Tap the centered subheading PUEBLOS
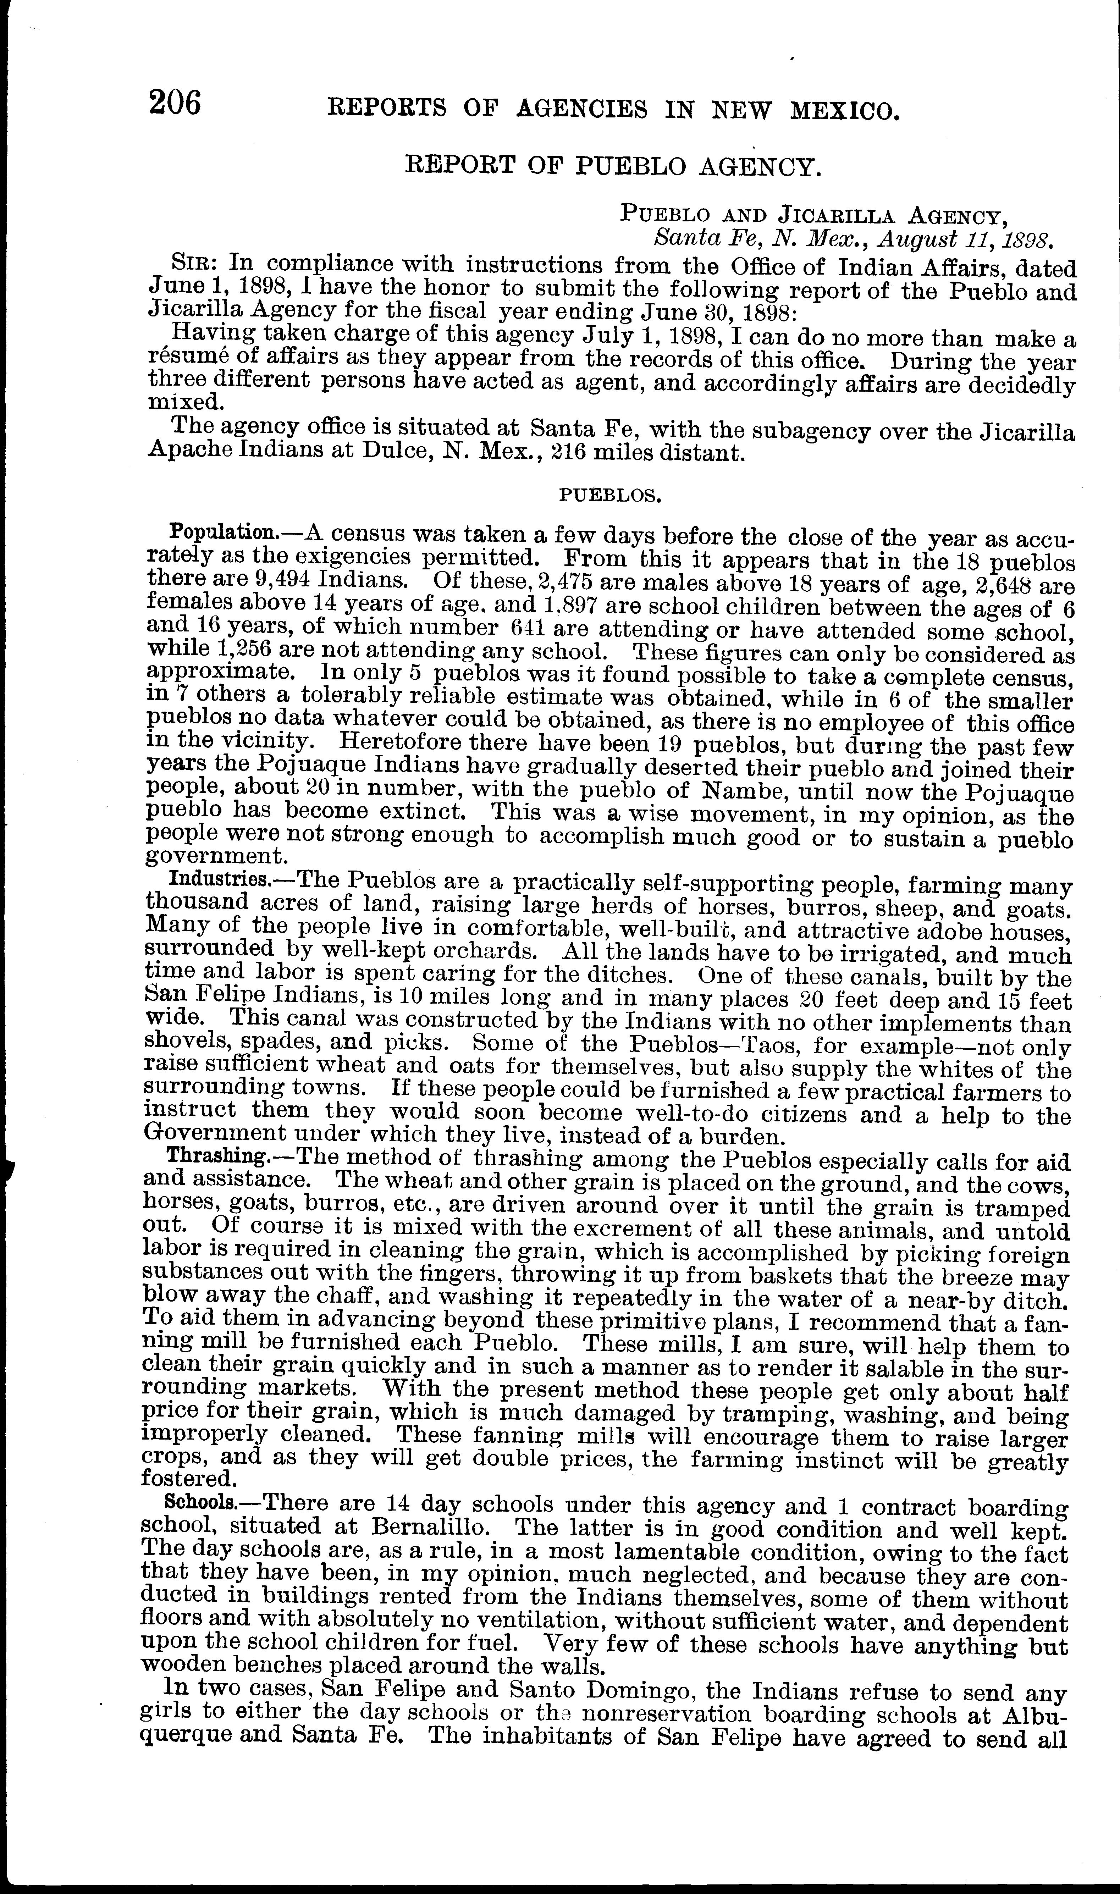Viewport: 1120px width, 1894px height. (x=610, y=496)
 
